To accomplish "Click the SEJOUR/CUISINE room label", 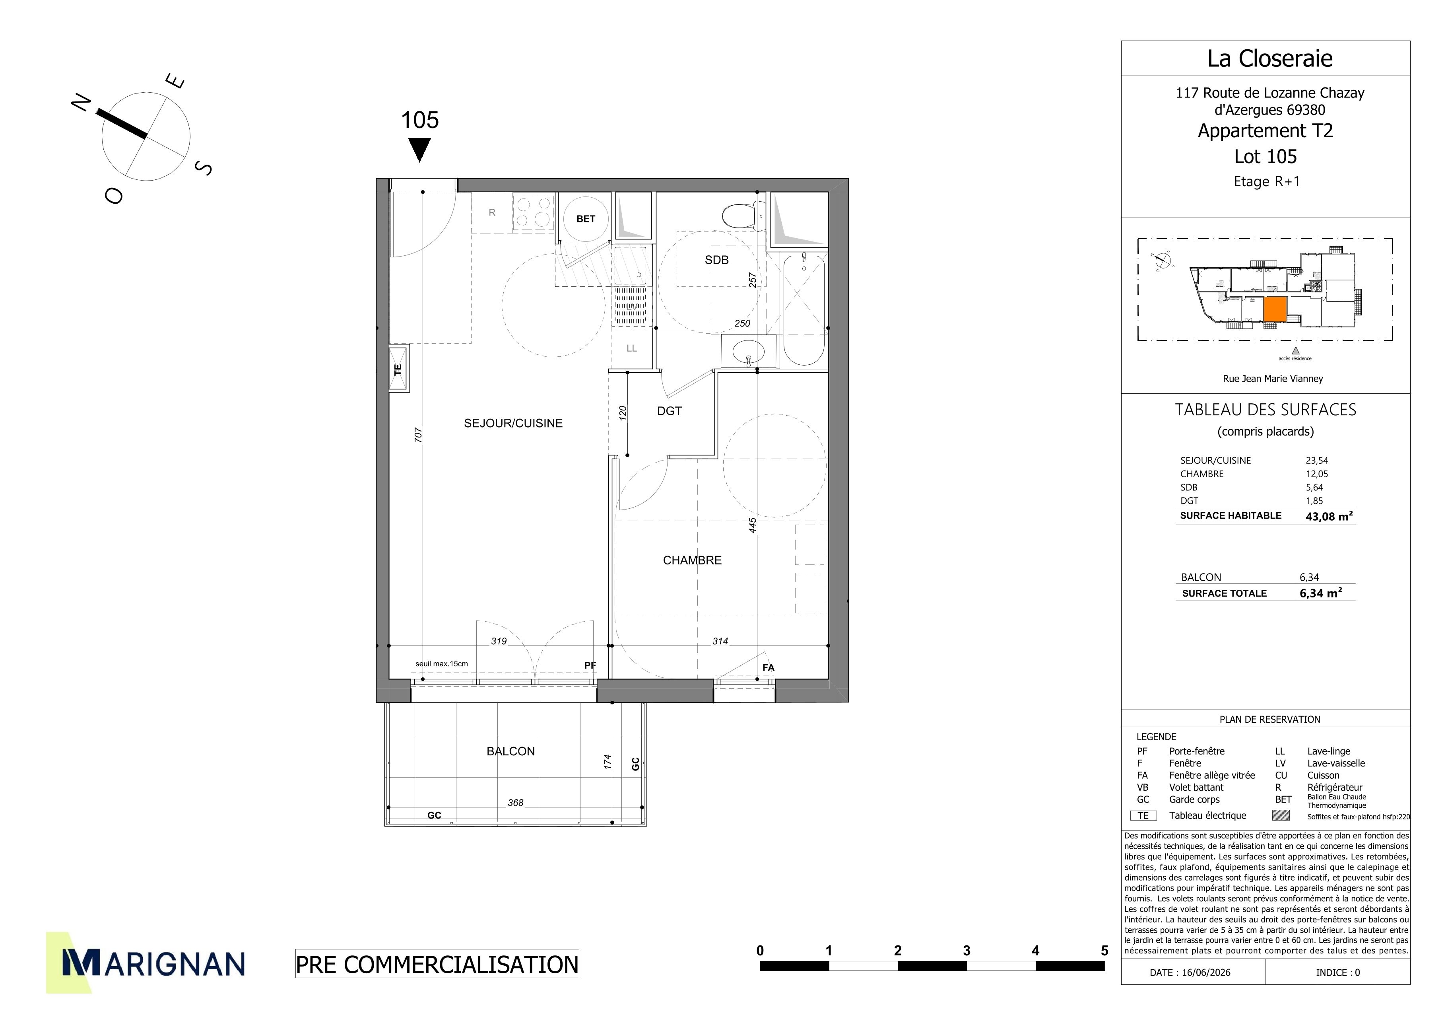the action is click(x=513, y=423).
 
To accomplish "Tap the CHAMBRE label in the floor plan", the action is click(x=692, y=560).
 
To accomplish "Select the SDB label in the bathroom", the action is click(x=717, y=260).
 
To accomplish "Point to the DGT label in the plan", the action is click(x=670, y=411).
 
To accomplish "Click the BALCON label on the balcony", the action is click(x=511, y=751).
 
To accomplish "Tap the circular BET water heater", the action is click(x=585, y=219).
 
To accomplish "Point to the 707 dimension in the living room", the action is click(x=418, y=435).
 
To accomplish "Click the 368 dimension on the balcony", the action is click(x=515, y=803).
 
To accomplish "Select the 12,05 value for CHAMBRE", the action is click(x=1317, y=474).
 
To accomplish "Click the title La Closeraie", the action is click(x=1269, y=58).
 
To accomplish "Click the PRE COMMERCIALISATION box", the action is click(x=437, y=964).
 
